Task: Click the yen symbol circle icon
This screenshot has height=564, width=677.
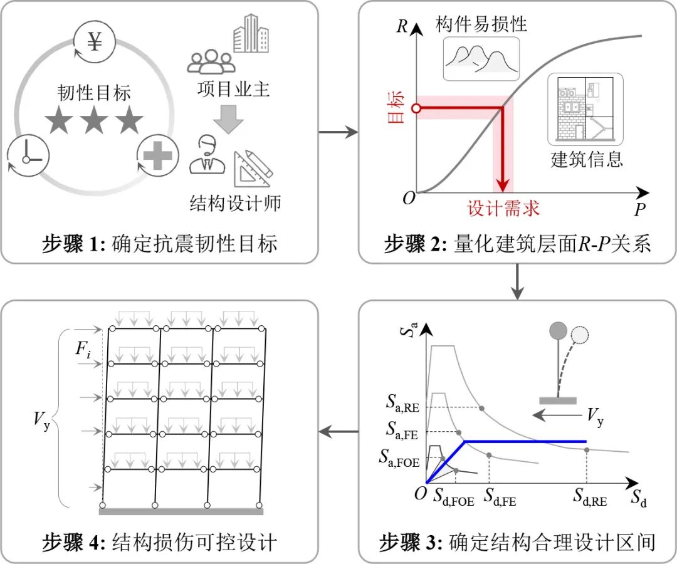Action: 94,42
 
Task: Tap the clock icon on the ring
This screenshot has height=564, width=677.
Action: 27,156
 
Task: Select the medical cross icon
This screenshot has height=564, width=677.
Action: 157,155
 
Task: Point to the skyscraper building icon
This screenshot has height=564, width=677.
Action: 251,33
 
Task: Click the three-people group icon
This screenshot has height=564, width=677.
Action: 211,61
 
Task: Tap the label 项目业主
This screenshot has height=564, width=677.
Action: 234,90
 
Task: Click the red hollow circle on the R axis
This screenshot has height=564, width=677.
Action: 416,108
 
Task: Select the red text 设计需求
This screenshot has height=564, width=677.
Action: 503,208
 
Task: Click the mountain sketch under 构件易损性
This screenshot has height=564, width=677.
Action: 481,59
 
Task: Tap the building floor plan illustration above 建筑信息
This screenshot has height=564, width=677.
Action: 585,109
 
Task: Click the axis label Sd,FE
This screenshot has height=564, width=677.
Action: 500,497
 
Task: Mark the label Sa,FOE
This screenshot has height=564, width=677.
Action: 399,458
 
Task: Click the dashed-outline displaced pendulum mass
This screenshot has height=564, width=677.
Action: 579,335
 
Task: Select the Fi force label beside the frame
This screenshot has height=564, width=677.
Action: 83,349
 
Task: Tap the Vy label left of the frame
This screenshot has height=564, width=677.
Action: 42,420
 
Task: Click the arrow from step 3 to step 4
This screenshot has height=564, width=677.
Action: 338,431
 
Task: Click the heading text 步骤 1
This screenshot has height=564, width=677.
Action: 73,244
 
